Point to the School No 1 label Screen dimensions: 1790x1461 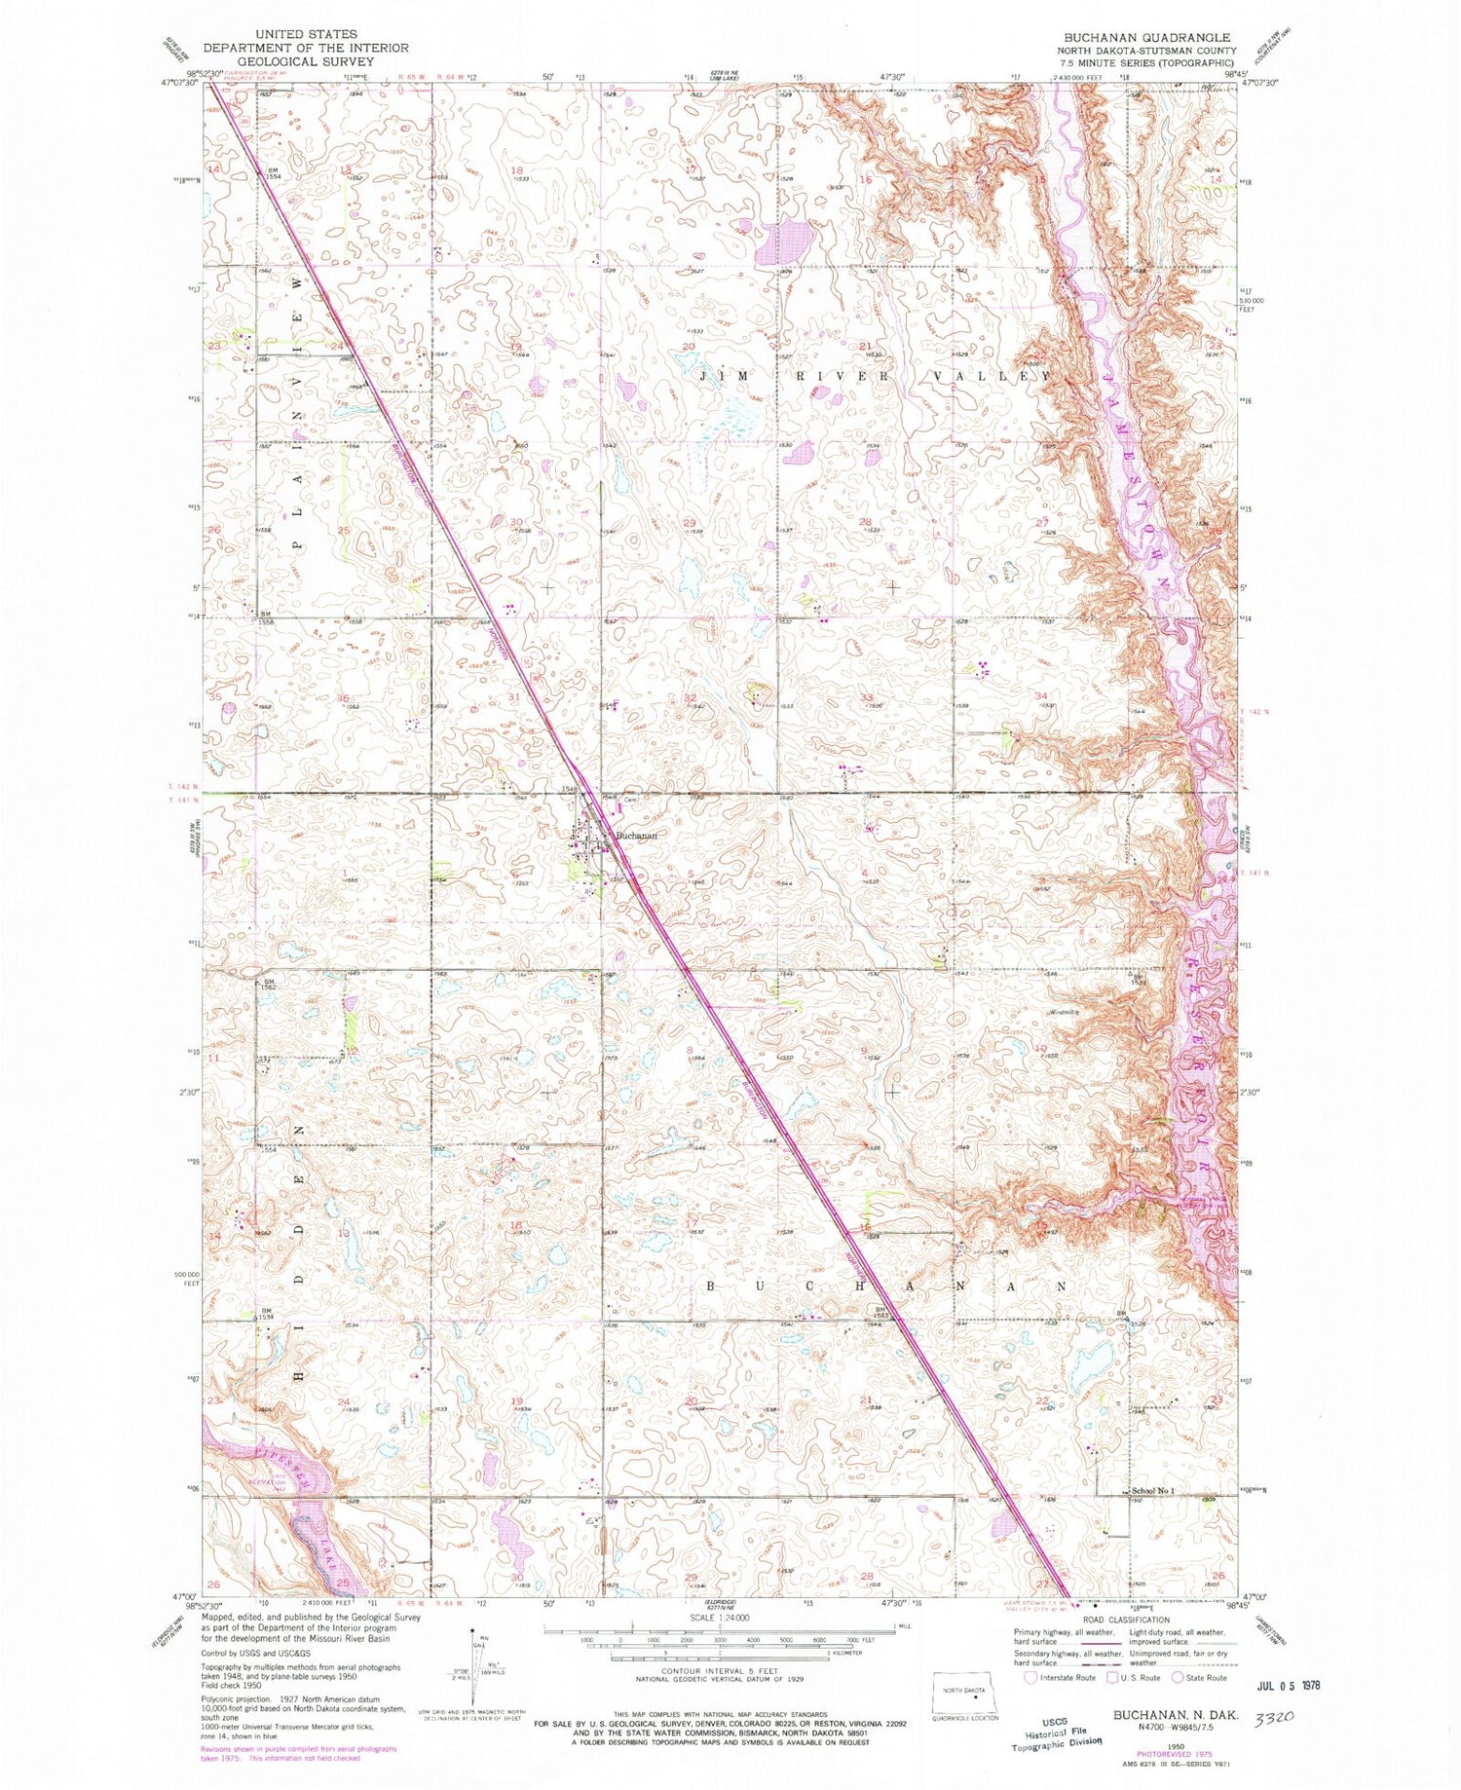[1153, 1491]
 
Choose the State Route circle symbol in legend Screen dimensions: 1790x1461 [1178, 1677]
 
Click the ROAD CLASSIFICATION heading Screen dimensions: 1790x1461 [1121, 1620]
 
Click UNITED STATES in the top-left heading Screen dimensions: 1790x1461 [305, 34]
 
